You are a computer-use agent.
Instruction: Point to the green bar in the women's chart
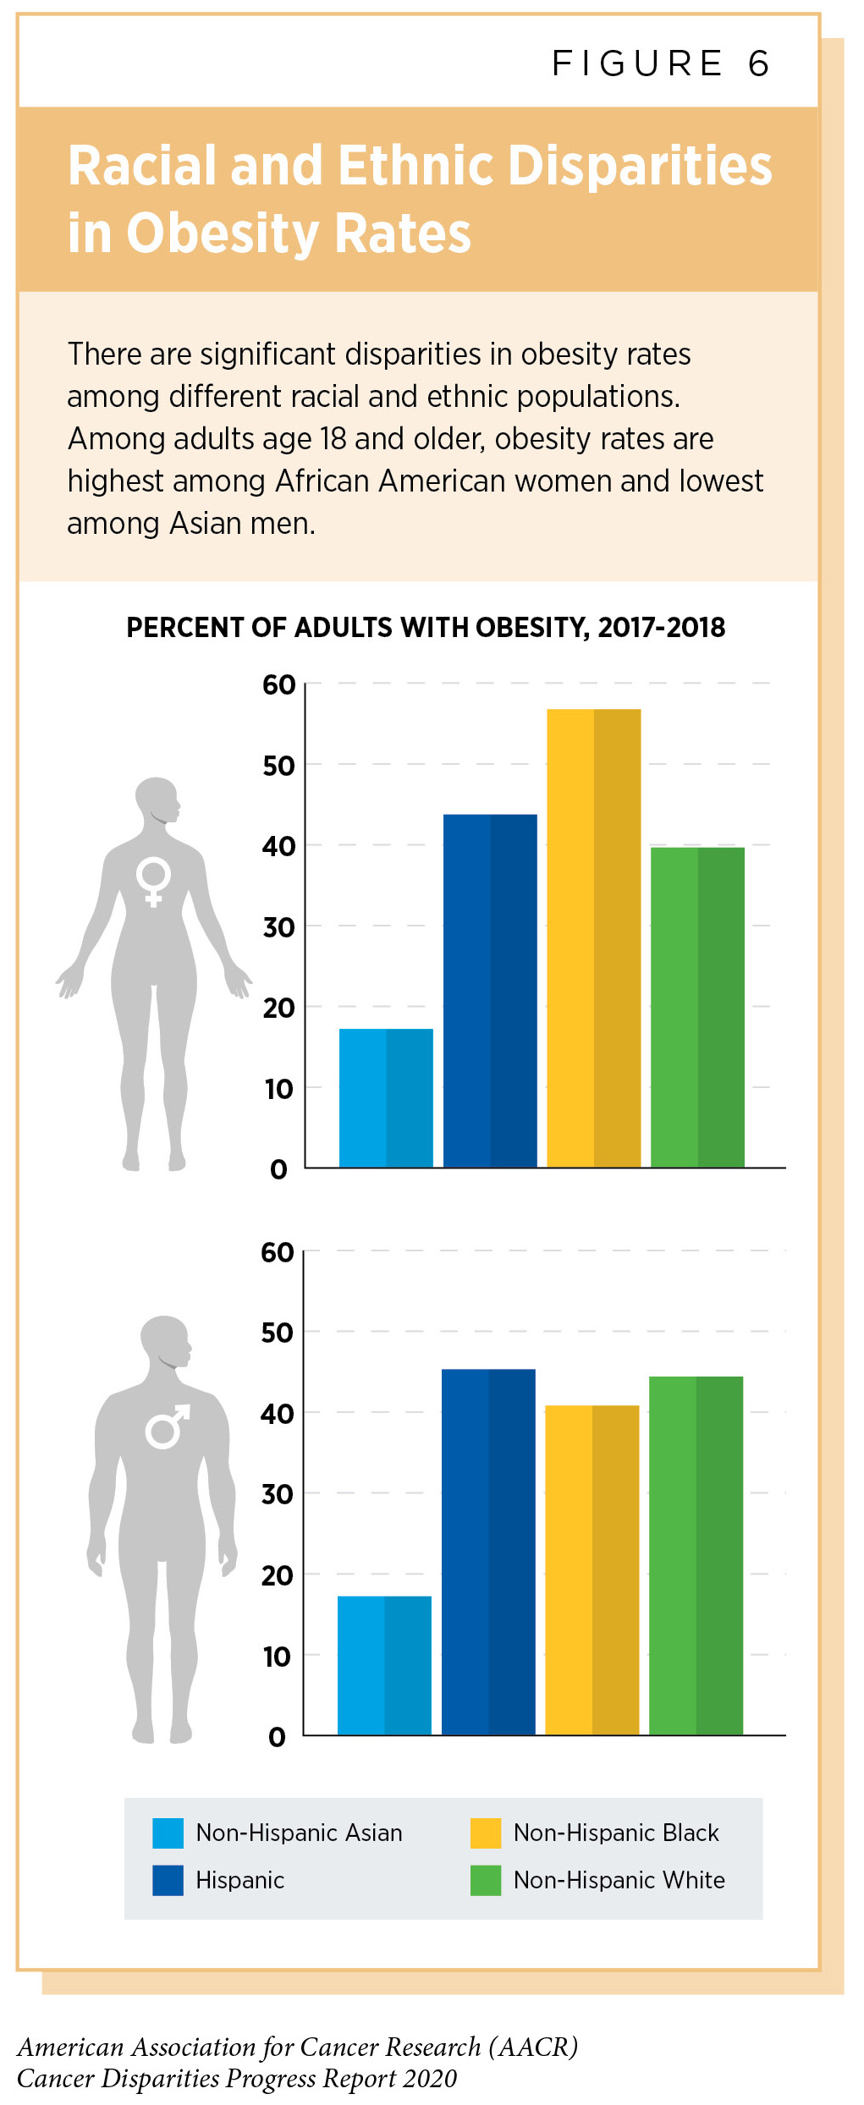pyautogui.click(x=697, y=1007)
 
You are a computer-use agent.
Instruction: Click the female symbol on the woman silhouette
pyautogui.click(x=154, y=881)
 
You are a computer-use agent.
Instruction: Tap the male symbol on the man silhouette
pyautogui.click(x=167, y=1426)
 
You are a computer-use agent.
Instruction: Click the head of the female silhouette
pyautogui.click(x=157, y=800)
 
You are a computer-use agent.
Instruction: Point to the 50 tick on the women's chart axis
pyautogui.click(x=278, y=766)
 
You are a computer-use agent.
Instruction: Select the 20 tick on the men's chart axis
pyautogui.click(x=277, y=1575)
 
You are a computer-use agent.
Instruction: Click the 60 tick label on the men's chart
pyautogui.click(x=277, y=1252)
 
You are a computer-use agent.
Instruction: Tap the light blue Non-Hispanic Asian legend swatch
pyautogui.click(x=168, y=1833)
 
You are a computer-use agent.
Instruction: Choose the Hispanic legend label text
pyautogui.click(x=239, y=1880)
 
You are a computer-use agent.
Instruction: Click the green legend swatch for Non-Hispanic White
pyautogui.click(x=486, y=1880)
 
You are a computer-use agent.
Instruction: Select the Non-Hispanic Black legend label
pyautogui.click(x=616, y=1833)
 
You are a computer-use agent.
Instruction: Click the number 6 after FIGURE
pyautogui.click(x=758, y=63)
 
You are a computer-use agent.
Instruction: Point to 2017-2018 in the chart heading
pyautogui.click(x=661, y=628)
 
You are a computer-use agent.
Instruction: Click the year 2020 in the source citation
pyautogui.click(x=430, y=2078)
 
